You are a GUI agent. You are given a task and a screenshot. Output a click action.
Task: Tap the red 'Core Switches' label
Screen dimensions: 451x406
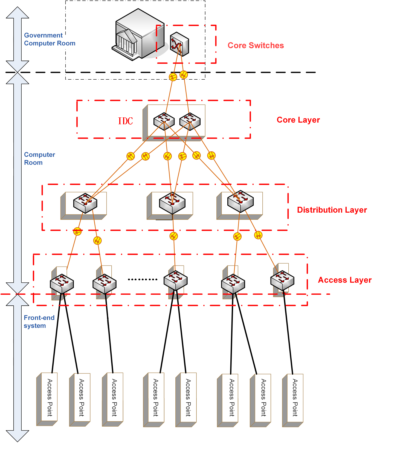point(256,45)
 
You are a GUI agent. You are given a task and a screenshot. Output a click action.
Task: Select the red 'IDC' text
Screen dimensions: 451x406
point(125,121)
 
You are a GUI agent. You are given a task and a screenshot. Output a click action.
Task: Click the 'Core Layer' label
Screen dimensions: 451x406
point(298,120)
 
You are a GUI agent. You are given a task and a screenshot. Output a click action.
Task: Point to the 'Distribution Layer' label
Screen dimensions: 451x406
point(332,210)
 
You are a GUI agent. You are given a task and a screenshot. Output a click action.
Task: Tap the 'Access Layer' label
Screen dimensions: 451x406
point(345,280)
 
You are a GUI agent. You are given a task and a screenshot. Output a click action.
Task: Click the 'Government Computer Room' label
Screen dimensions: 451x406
point(50,39)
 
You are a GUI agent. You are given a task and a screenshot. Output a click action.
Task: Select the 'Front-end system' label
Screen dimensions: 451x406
point(39,322)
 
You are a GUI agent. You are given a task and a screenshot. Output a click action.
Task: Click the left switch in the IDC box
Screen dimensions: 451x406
point(164,121)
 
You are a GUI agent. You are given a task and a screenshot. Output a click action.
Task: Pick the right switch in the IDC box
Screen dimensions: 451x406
point(190,121)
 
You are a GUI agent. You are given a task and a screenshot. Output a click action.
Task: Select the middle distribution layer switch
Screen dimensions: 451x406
point(172,203)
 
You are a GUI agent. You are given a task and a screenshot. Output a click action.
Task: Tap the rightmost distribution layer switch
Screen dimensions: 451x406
point(240,201)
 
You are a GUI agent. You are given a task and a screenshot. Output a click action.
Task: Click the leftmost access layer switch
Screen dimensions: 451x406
point(62,284)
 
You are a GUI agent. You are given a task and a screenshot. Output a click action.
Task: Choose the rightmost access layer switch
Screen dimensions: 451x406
point(282,280)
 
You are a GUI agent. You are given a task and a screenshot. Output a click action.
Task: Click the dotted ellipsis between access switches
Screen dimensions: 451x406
point(143,279)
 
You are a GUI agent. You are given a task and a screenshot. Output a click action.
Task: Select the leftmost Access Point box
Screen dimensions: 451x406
point(47,399)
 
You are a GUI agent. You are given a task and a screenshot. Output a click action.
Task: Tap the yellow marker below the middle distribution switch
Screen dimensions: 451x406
point(174,236)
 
